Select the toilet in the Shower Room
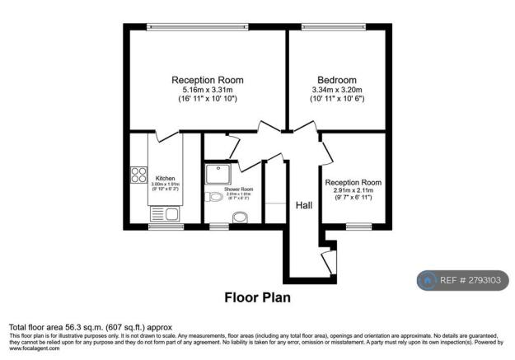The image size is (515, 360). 240,218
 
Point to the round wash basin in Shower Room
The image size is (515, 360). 216,196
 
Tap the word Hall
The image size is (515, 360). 303,208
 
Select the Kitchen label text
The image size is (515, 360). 165,178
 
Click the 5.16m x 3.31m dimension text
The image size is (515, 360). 207,89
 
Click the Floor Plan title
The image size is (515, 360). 257,297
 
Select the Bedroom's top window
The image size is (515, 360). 334,26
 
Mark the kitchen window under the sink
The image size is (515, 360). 161,226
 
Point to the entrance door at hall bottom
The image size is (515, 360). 330,262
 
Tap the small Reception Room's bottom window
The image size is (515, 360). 358,226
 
